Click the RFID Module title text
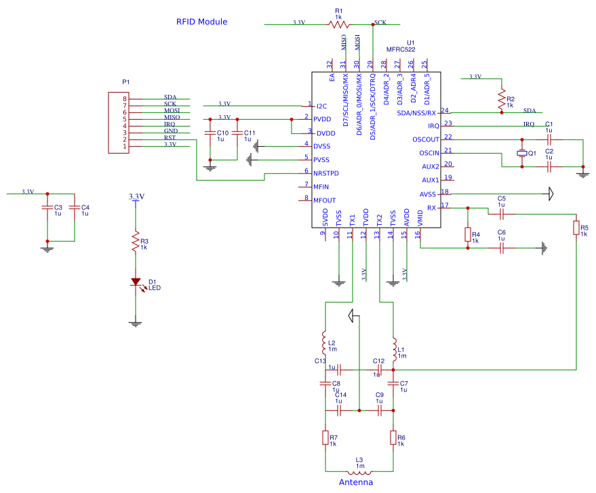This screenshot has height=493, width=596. click(201, 22)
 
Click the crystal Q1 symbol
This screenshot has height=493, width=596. click(521, 153)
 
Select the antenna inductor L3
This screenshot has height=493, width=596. click(359, 471)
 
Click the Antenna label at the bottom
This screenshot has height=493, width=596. click(356, 482)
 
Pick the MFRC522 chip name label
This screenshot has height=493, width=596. click(401, 49)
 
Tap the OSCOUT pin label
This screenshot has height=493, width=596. click(425, 140)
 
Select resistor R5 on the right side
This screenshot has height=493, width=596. click(576, 228)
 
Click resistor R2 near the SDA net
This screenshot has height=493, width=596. click(502, 100)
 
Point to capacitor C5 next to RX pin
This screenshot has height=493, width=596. click(502, 213)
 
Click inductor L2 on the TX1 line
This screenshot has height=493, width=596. click(325, 339)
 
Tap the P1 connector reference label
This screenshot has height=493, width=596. click(125, 82)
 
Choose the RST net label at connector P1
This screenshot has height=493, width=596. click(170, 137)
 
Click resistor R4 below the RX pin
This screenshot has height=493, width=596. click(467, 234)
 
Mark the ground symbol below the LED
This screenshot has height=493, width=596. click(136, 324)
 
